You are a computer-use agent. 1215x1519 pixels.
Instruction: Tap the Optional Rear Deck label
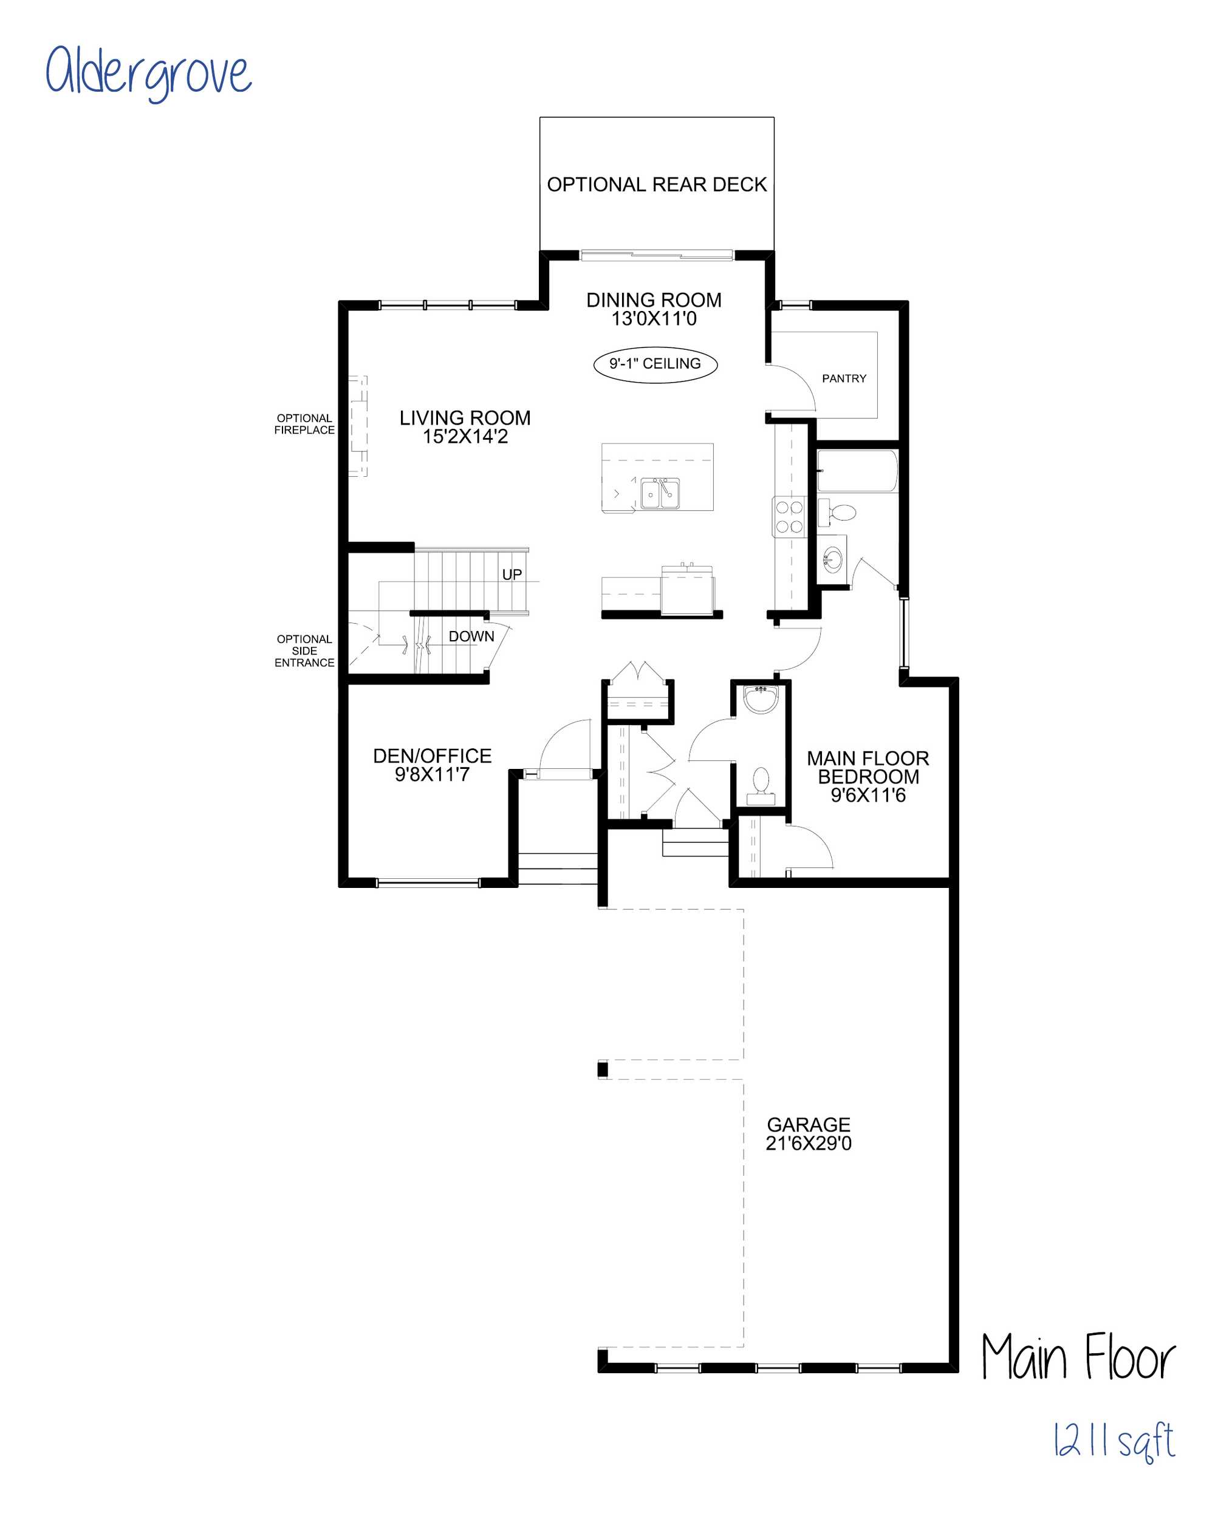(x=656, y=185)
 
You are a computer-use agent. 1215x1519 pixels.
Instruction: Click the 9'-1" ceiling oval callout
(x=655, y=364)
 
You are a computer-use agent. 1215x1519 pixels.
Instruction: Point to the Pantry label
(x=844, y=378)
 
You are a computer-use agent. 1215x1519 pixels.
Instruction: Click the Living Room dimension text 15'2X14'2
(x=465, y=437)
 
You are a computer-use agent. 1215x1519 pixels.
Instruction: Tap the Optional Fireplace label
(x=304, y=424)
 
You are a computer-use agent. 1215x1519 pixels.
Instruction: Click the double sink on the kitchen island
(x=660, y=493)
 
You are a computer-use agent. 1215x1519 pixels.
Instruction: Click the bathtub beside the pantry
(x=857, y=471)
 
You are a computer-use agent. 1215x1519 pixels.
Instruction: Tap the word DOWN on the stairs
(x=471, y=636)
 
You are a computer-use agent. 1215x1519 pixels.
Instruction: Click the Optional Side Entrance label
(x=304, y=651)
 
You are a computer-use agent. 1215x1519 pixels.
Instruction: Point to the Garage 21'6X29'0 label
(x=809, y=1133)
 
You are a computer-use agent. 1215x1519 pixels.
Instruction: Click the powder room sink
(x=761, y=699)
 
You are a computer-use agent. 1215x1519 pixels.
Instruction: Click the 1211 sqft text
(x=1114, y=1440)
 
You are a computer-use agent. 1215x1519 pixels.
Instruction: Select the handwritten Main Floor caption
(x=1078, y=1356)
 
